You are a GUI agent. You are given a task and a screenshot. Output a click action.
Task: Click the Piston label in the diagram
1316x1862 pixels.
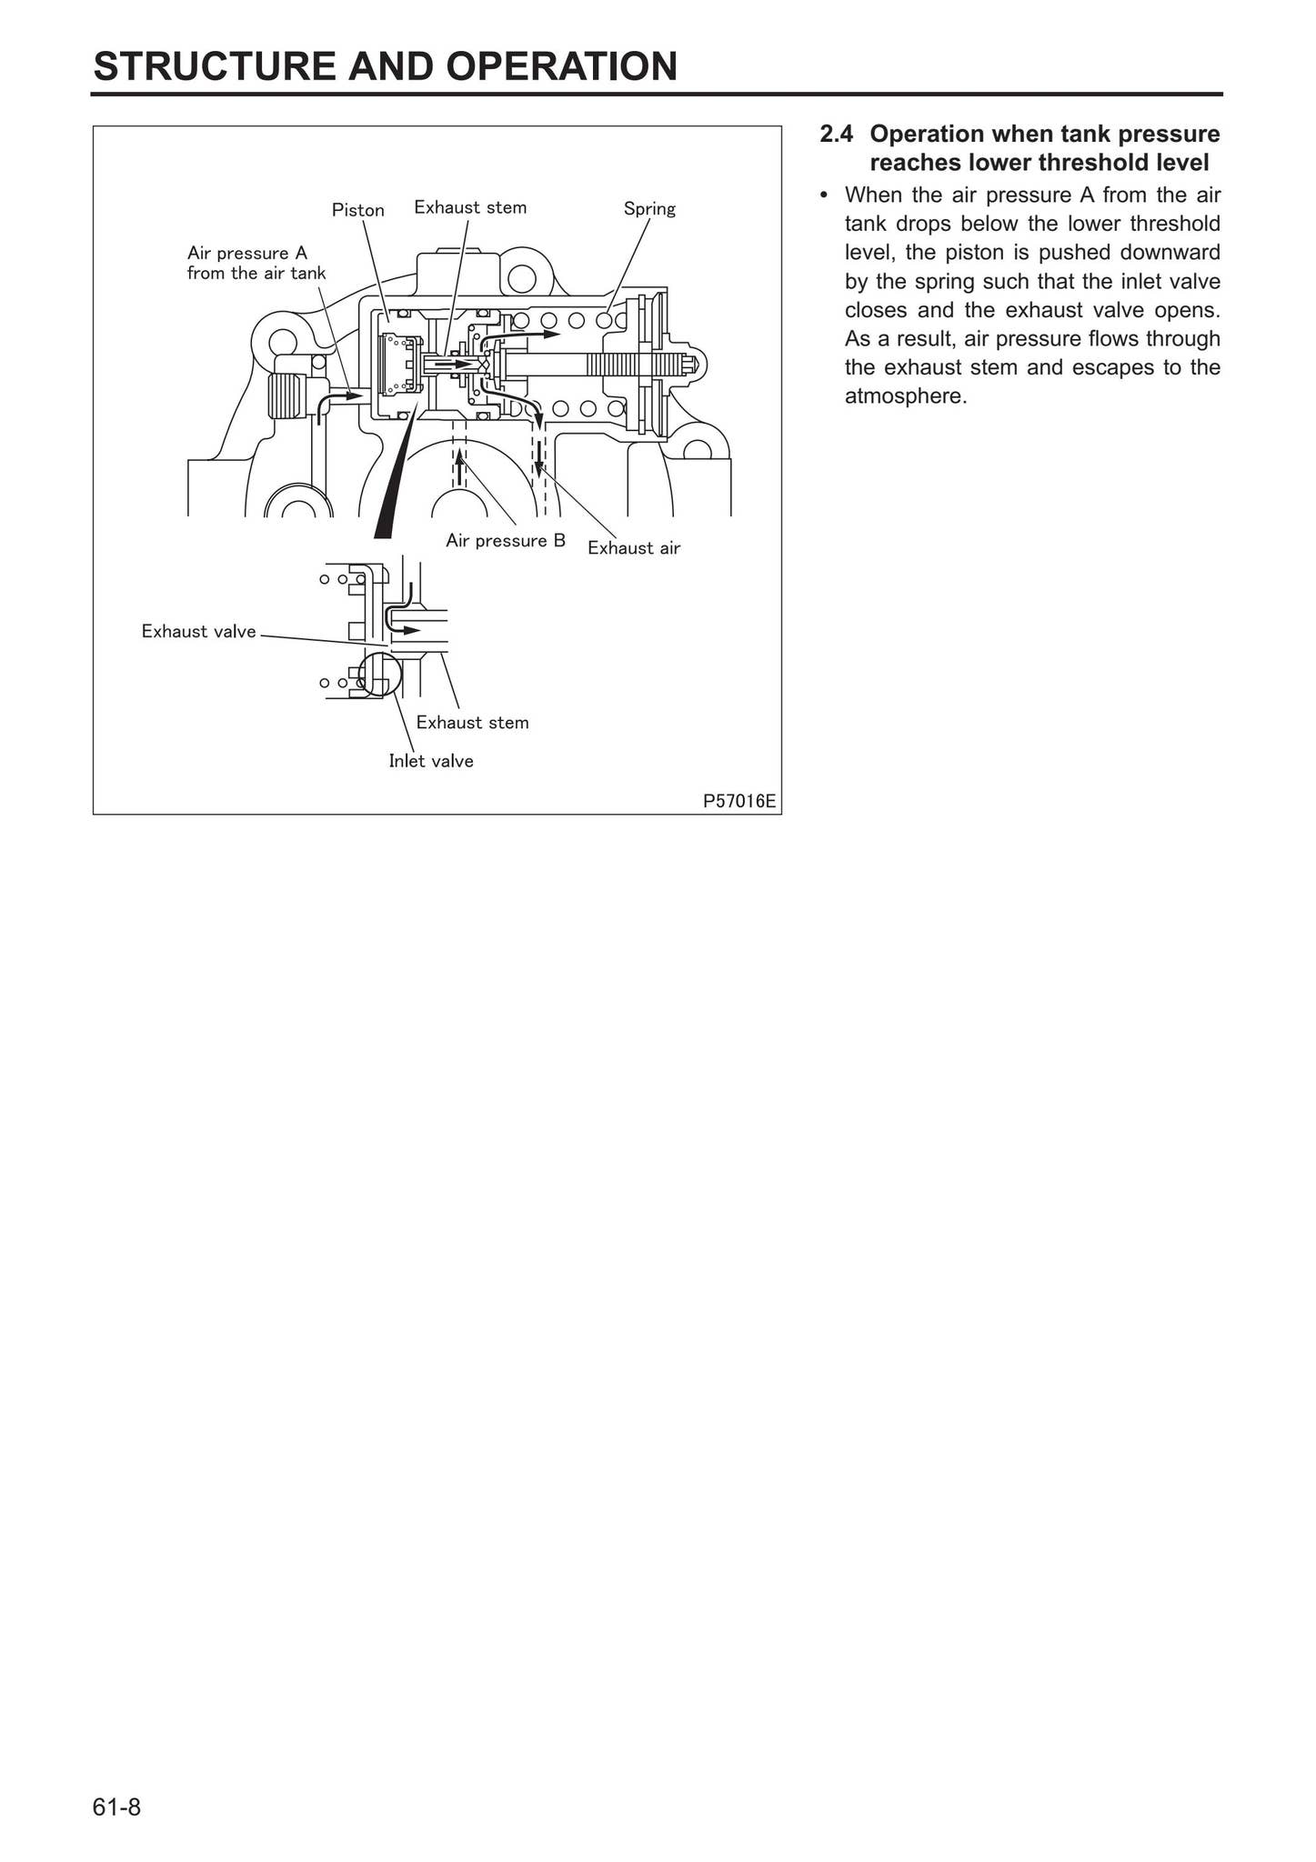pos(357,210)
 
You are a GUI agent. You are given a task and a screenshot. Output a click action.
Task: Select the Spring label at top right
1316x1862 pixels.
pos(649,208)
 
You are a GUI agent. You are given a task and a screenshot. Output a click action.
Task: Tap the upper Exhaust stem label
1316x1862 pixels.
pos(470,207)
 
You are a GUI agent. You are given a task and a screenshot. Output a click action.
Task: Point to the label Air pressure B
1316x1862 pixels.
pos(505,541)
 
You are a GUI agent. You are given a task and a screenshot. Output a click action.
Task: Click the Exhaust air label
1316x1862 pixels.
pos(633,547)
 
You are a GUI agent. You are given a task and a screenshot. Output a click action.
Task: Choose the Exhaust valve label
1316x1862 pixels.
pos(198,631)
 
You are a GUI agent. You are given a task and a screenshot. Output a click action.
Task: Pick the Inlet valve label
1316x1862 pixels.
pos(431,761)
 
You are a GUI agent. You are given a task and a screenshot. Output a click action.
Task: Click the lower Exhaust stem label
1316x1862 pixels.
pos(472,722)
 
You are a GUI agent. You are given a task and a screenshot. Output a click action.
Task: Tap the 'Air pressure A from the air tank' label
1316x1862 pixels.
pos(256,263)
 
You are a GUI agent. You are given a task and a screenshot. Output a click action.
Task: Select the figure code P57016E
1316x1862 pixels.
pos(739,801)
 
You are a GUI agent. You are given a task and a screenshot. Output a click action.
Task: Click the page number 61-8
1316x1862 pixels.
pos(116,1807)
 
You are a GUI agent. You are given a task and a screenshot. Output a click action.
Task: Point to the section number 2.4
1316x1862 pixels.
pos(836,135)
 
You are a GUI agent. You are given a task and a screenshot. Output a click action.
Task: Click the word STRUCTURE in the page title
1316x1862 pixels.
pos(206,66)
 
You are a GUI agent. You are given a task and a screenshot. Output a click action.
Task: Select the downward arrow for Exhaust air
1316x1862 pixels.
pos(538,455)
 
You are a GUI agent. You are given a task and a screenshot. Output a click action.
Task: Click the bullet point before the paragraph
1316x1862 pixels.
pos(824,195)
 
